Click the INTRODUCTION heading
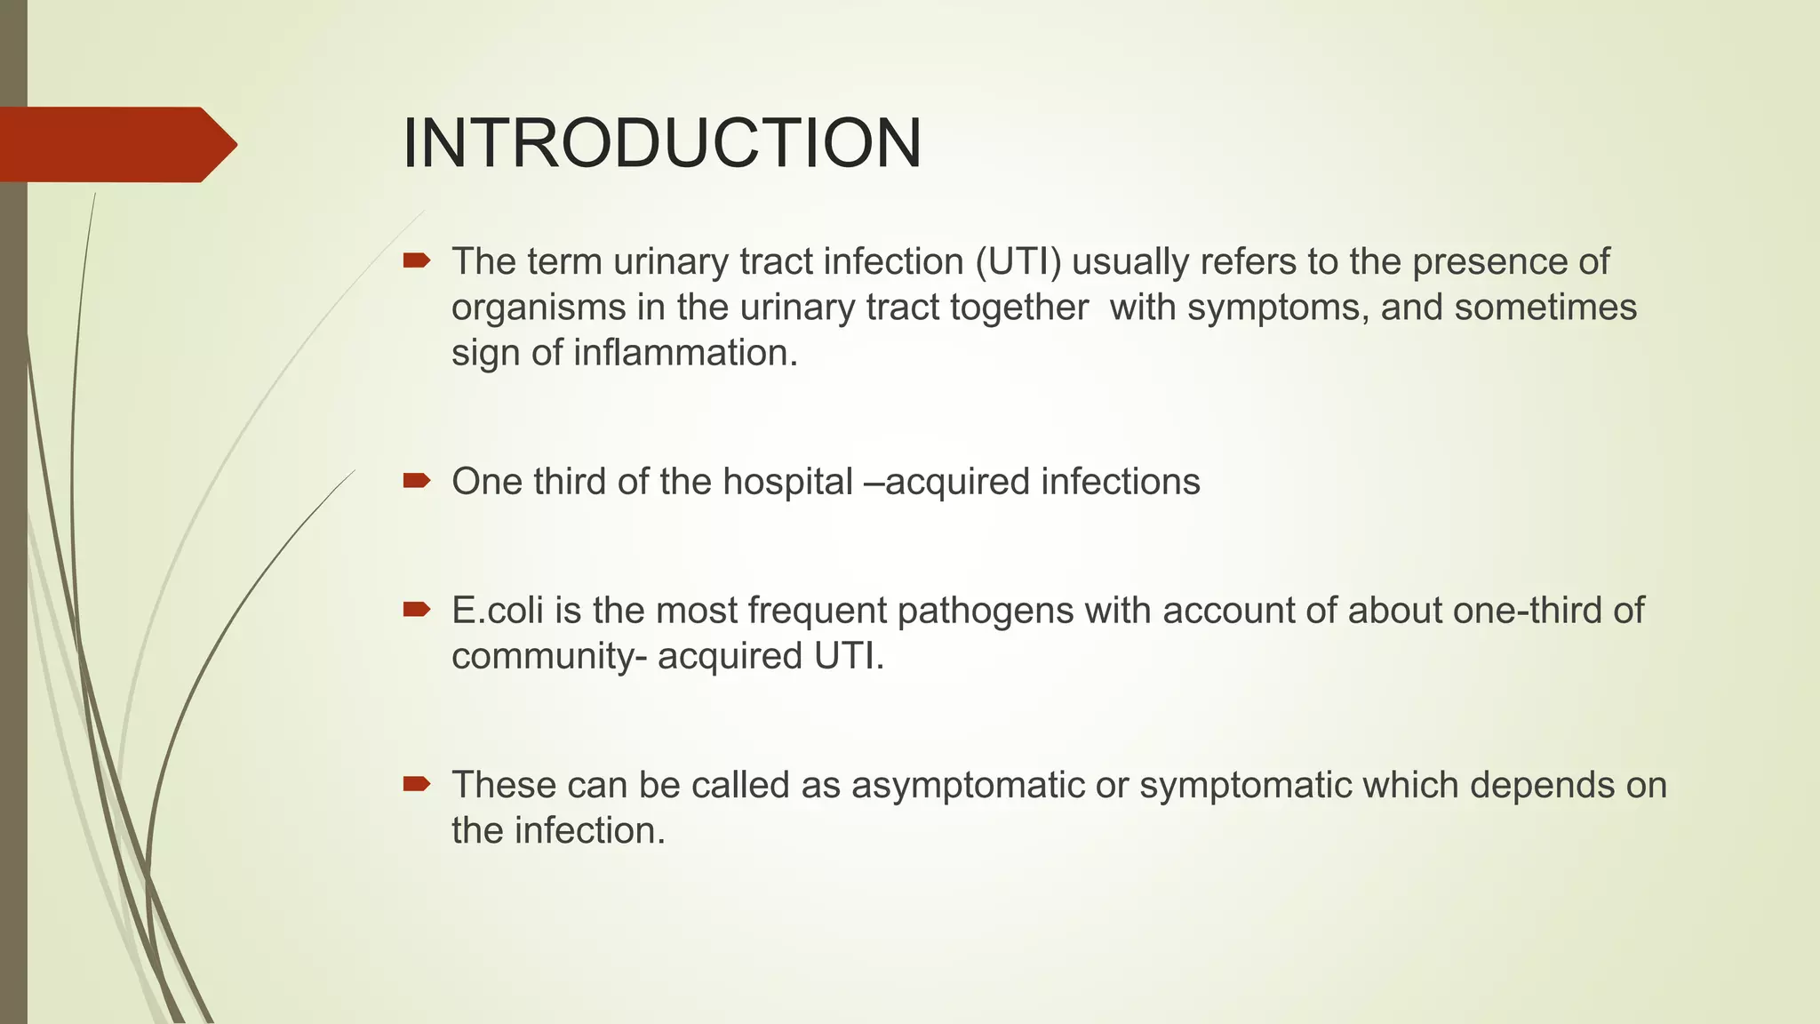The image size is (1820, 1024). pyautogui.click(x=661, y=144)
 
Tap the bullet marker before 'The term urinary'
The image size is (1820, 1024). pyautogui.click(x=416, y=261)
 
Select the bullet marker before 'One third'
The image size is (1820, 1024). pyautogui.click(x=416, y=482)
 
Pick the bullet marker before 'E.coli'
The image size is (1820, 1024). pyautogui.click(x=416, y=610)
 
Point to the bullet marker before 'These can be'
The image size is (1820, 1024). pyautogui.click(x=416, y=784)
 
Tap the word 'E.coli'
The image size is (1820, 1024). pyautogui.click(x=498, y=611)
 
